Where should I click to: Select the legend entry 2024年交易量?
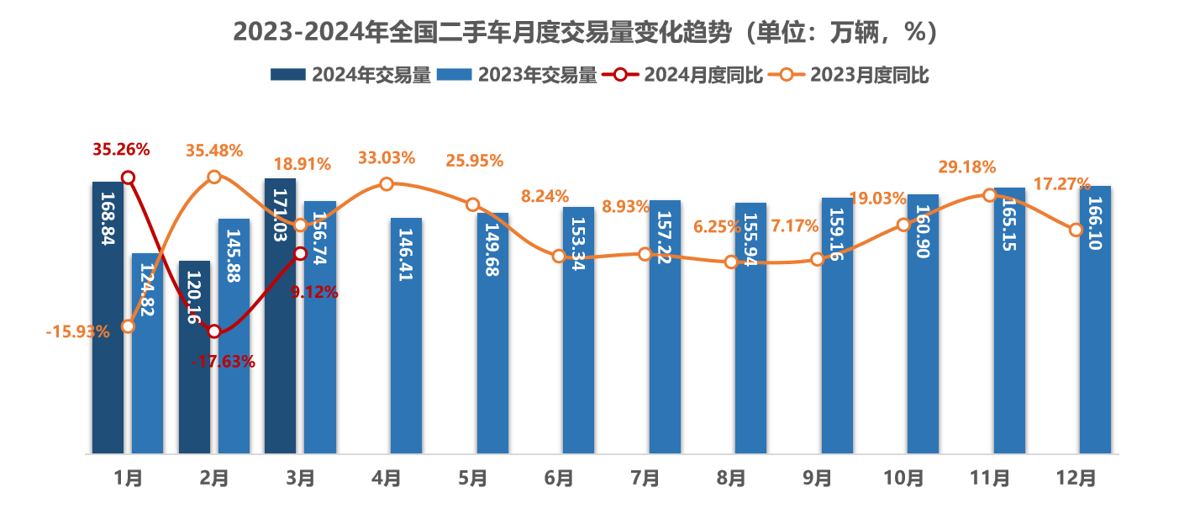[350, 75]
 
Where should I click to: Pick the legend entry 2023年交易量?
[518, 75]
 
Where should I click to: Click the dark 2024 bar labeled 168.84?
[108, 320]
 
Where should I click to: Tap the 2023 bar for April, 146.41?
[407, 337]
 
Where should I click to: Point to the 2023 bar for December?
[1096, 320]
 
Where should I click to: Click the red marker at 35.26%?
[128, 177]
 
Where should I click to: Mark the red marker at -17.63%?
[214, 331]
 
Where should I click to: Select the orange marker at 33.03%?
[386, 183]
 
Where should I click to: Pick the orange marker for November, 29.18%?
[989, 194]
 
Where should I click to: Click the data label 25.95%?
[474, 160]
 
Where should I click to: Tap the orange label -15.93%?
[78, 331]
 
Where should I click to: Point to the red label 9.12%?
[313, 292]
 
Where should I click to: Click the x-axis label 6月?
[559, 478]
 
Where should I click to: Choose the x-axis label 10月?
[903, 478]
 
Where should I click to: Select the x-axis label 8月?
[731, 478]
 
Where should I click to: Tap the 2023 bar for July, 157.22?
[665, 328]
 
